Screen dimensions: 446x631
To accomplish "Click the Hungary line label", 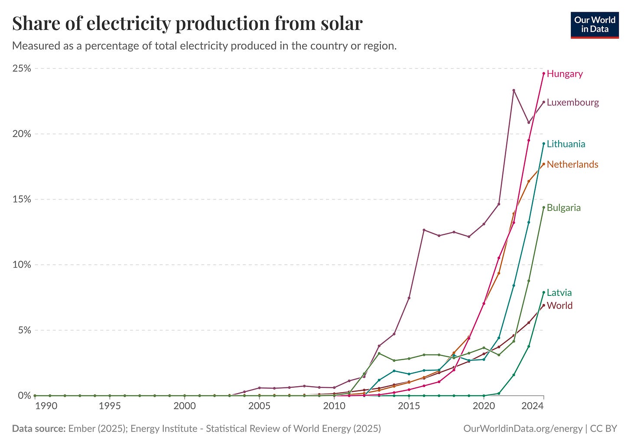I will tap(564, 74).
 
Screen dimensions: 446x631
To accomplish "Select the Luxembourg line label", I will tap(572, 102).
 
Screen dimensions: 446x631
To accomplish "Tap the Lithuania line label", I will tap(566, 144).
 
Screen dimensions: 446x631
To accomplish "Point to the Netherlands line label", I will tap(572, 164).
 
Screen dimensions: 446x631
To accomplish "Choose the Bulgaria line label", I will tap(563, 208).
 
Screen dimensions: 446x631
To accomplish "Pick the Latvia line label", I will tap(559, 293).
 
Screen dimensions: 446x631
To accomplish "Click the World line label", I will tap(559, 305).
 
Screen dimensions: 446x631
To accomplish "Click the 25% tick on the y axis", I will tap(21, 69).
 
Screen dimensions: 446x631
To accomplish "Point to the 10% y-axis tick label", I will tap(21, 265).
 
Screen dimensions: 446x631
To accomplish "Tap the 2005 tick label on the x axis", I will tap(259, 406).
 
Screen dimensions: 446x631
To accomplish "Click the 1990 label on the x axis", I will tap(46, 406).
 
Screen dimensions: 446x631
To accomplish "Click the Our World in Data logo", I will tap(595, 25).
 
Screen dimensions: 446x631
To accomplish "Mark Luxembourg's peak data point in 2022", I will tap(514, 90).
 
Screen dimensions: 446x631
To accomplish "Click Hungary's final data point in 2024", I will tap(543, 73).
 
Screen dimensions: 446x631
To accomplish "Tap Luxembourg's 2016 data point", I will tap(424, 230).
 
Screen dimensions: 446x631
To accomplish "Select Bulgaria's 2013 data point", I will tap(379, 353).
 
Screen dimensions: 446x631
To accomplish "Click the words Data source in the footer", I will tap(38, 429).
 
